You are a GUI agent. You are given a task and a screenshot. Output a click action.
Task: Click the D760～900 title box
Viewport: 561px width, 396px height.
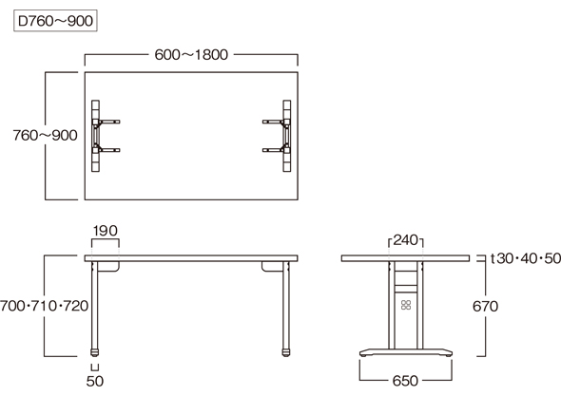55,21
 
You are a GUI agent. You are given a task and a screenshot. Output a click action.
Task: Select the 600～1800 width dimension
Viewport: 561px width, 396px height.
191,55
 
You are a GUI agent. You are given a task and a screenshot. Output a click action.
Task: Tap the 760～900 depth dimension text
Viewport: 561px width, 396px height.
45,136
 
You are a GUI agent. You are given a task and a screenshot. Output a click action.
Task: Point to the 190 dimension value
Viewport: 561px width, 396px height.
106,231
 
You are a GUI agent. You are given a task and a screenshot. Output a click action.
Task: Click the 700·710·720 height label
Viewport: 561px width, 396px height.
44,306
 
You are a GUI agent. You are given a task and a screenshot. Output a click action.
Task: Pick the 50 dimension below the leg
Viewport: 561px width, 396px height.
95,382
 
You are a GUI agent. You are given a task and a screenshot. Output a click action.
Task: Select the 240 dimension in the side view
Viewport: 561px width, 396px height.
406,240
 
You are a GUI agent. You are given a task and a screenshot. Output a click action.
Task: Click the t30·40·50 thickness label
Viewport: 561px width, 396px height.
525,258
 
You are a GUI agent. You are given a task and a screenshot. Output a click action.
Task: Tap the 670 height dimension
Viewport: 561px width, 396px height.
485,307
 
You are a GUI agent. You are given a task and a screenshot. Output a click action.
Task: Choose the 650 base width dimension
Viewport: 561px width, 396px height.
405,381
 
